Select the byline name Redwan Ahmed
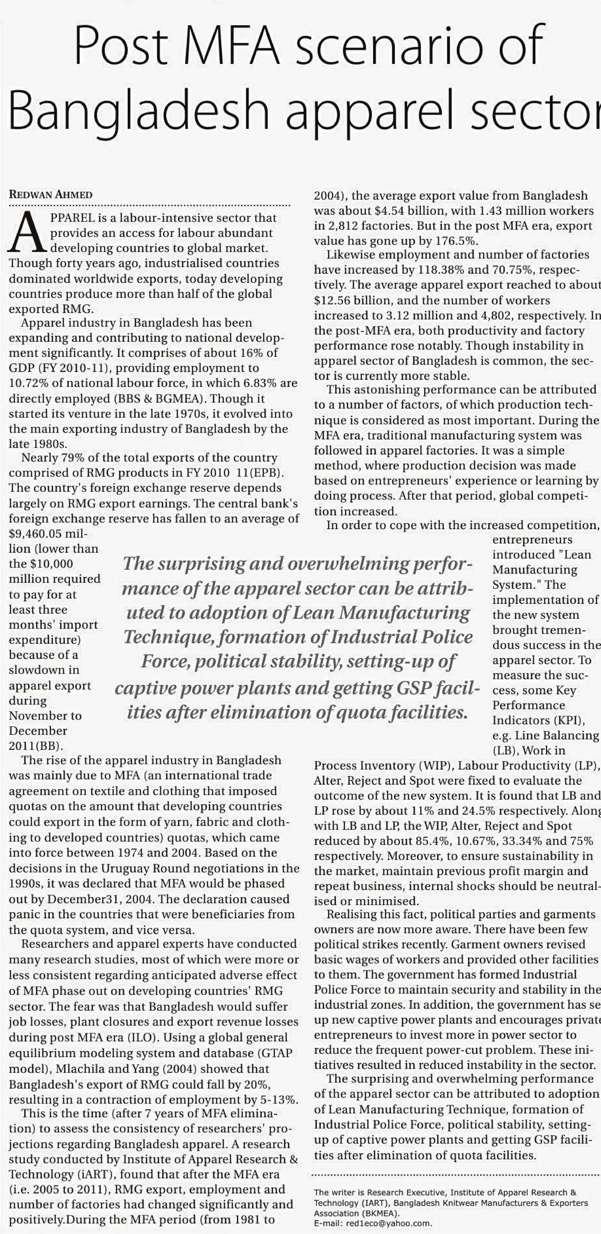coord(51,195)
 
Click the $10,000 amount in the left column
coord(51,564)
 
